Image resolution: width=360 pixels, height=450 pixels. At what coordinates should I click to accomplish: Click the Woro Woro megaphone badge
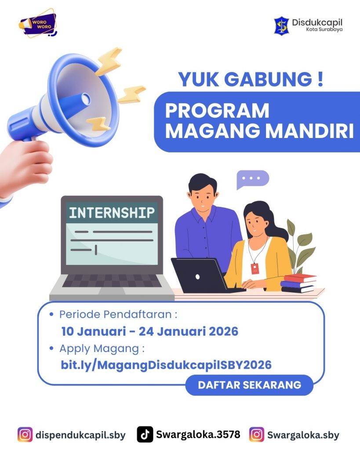38,23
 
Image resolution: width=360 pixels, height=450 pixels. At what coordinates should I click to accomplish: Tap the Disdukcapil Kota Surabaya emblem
281,25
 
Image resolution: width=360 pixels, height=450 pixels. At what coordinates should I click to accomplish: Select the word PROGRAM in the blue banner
217,110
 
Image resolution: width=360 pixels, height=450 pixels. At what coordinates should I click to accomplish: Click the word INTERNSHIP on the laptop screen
112,213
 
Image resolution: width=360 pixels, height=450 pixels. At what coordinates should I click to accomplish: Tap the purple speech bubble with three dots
252,179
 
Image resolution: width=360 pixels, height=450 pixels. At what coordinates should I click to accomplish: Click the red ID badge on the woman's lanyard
255,269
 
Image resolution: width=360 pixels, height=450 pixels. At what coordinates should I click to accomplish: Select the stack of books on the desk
298,283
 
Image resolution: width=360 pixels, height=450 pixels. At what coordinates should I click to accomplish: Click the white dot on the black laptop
197,277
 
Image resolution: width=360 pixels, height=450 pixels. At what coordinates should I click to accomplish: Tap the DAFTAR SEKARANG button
249,385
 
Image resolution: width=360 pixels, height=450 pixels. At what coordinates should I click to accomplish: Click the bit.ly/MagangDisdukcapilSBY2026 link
166,365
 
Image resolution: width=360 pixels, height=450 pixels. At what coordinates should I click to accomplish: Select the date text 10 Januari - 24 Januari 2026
149,331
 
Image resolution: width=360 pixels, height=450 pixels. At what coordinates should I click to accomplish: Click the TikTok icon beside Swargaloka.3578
145,434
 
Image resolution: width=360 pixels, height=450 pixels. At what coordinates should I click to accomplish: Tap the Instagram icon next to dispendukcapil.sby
25,435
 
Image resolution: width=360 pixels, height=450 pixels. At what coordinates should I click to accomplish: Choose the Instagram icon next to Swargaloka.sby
257,435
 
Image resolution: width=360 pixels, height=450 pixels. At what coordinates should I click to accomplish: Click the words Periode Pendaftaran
115,315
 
